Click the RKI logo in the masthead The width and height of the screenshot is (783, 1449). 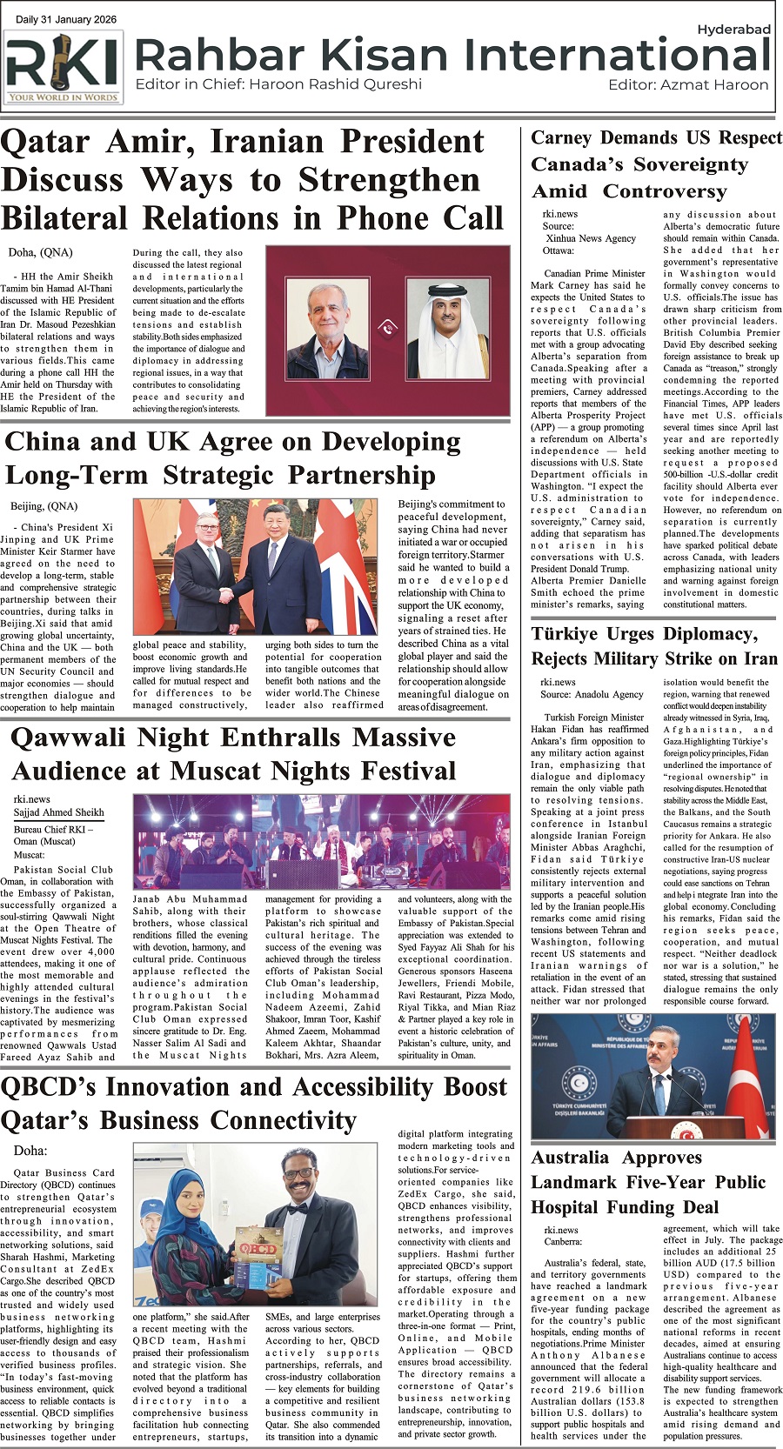(x=63, y=67)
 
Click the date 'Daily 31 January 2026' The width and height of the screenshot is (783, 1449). (x=66, y=20)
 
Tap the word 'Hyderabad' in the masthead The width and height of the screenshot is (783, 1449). (x=733, y=30)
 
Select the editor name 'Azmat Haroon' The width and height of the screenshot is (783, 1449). (x=714, y=85)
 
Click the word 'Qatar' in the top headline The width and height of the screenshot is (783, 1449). (x=45, y=142)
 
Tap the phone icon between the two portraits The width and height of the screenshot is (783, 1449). (x=388, y=328)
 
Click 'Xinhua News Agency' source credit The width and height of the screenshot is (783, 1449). (x=591, y=238)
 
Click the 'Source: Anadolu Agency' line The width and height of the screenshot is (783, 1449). (x=592, y=695)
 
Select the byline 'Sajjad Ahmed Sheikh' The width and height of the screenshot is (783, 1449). (x=58, y=812)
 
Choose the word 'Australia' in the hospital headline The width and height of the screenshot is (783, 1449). (x=570, y=1158)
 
